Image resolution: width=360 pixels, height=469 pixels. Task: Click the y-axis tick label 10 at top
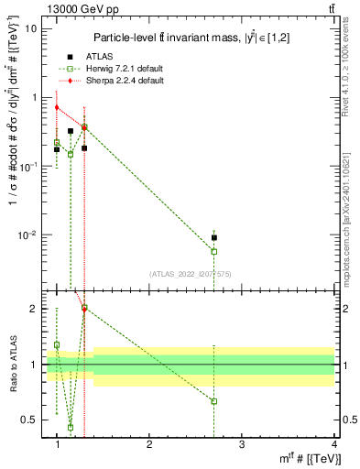point(31,28)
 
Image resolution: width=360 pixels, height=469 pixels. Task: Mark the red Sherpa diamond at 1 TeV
point(57,107)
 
